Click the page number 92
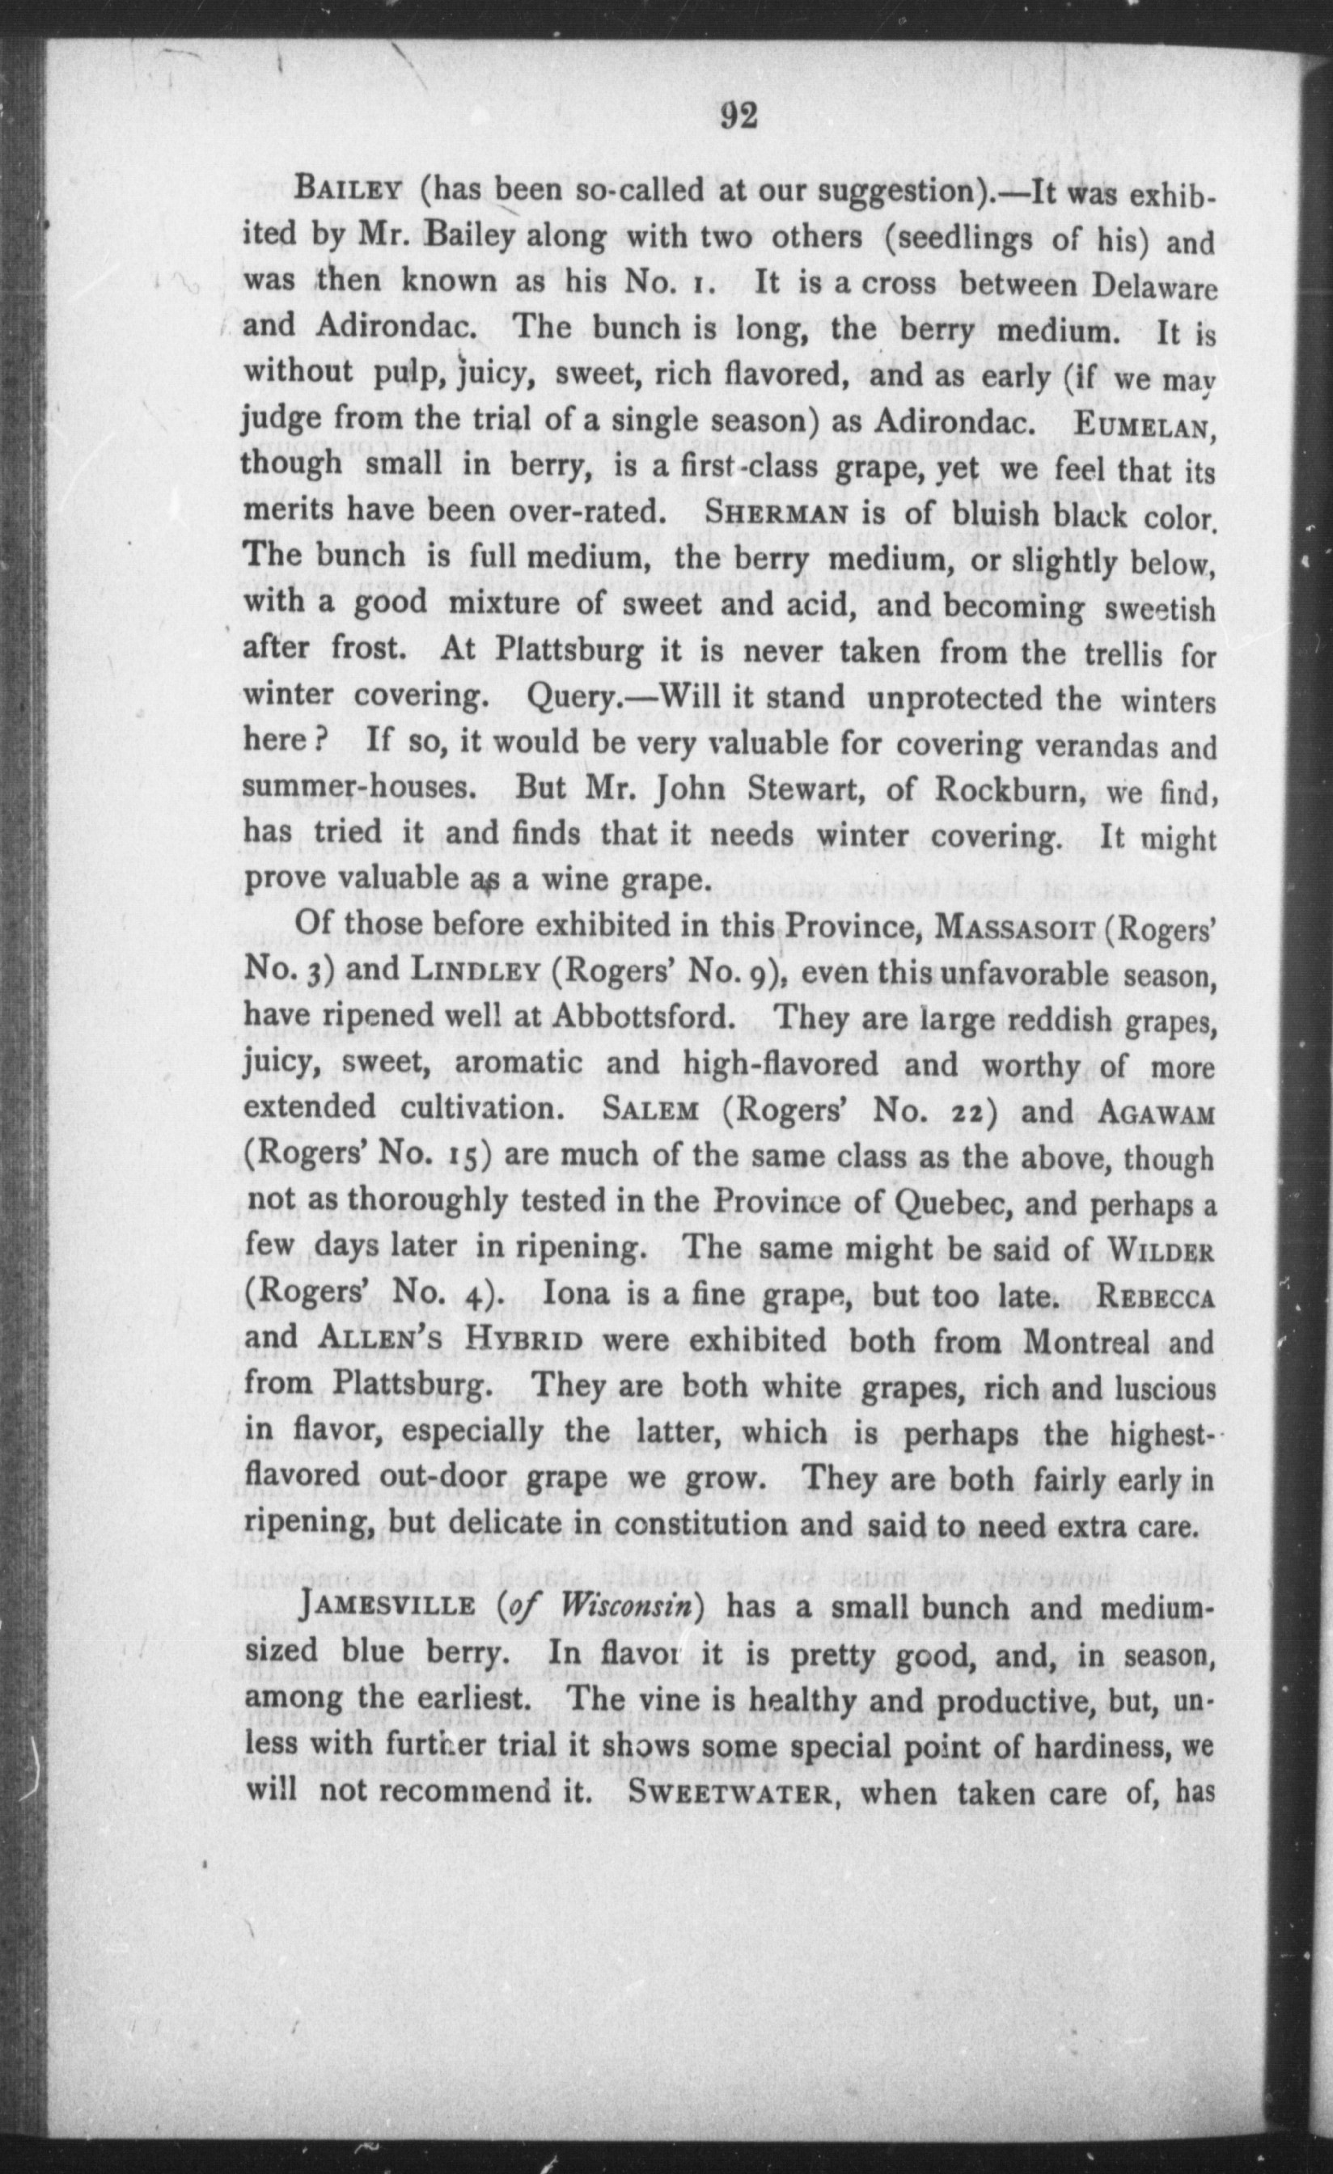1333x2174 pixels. (x=738, y=115)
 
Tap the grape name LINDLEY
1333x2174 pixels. (x=476, y=973)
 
